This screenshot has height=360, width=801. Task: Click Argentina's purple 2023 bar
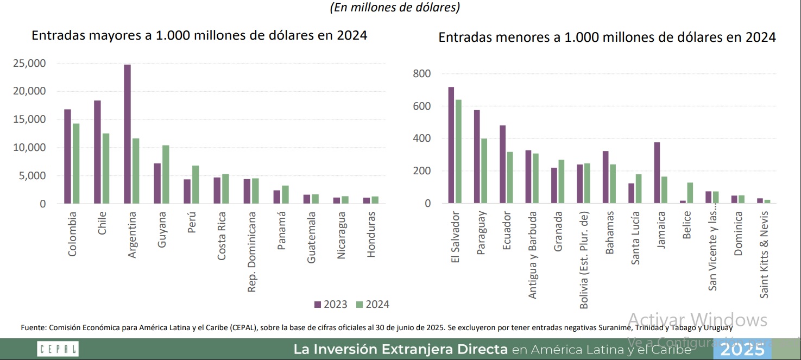127,134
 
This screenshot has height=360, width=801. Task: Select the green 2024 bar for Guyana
165,174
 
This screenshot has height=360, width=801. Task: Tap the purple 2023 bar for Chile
97,152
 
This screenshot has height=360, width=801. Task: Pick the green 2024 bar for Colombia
76,163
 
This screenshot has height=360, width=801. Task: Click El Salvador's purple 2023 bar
451,145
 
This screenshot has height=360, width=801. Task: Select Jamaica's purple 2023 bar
657,173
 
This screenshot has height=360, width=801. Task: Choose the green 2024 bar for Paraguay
484,171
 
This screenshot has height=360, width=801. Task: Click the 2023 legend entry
331,304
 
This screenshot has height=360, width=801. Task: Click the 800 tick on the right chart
421,74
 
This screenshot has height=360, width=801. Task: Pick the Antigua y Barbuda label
533,254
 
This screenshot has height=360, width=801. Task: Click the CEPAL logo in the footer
58,349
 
